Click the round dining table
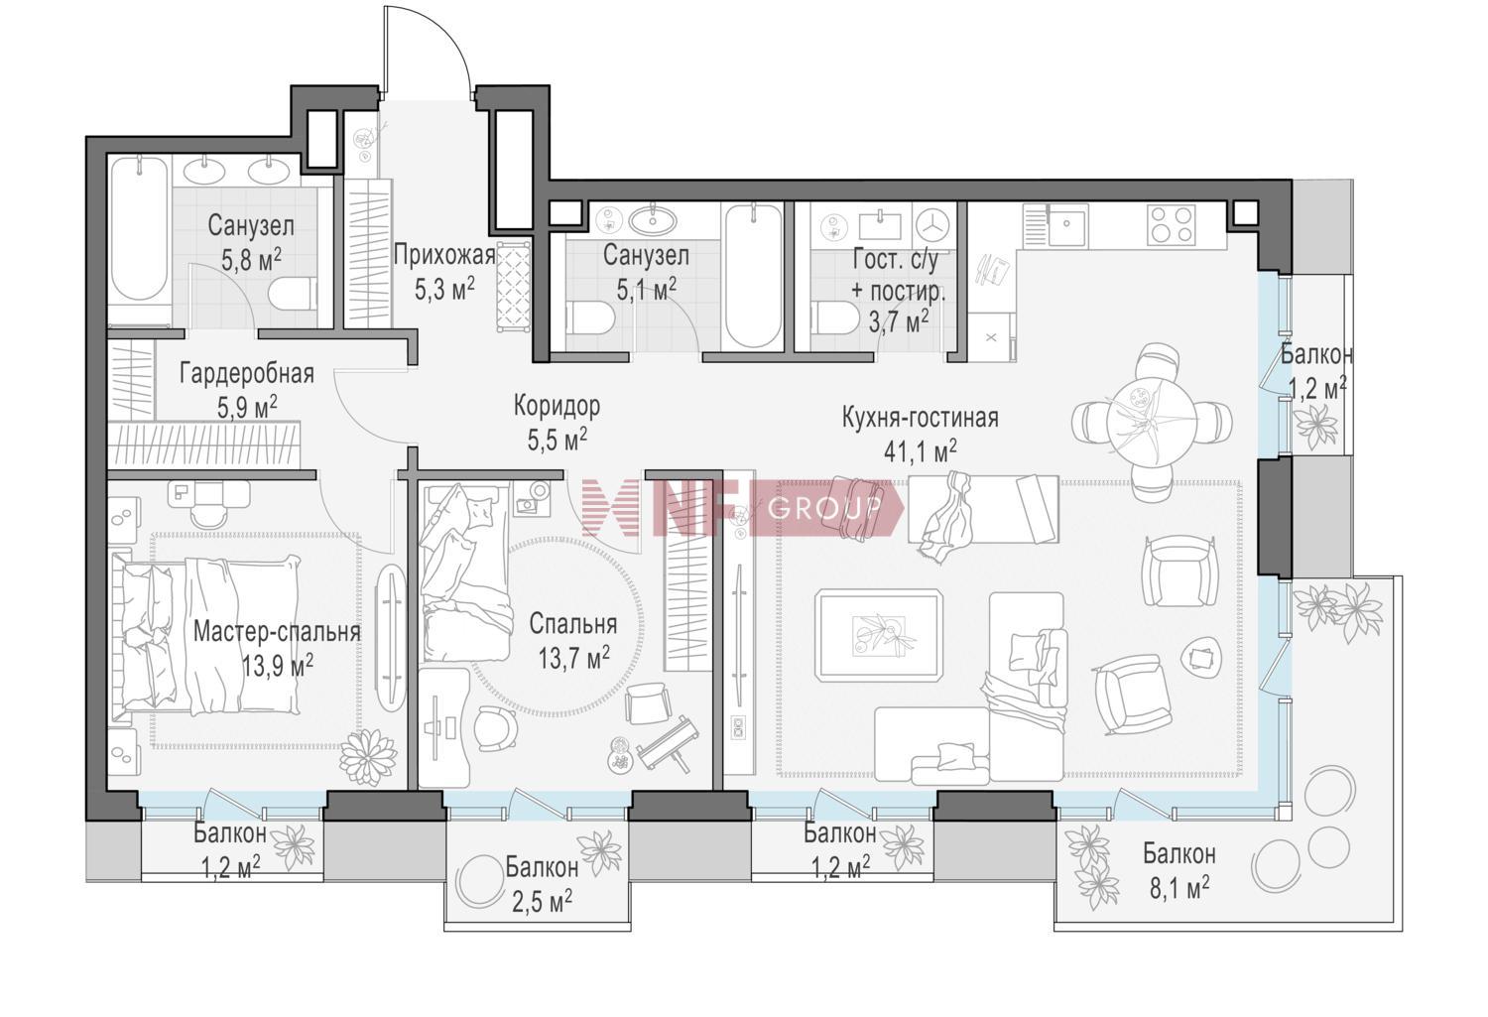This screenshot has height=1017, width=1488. pos(1151,422)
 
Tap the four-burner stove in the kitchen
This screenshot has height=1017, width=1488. pos(1173,224)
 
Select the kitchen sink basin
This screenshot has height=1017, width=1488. pos(1066,224)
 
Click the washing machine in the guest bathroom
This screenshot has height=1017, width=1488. pos(934,225)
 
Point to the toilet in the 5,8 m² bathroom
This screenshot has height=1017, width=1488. pos(293,295)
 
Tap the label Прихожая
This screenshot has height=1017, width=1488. pos(444,254)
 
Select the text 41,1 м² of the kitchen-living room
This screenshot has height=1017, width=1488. pos(920,451)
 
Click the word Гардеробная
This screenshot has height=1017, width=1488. pos(246,374)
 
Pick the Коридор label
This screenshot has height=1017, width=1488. pos(557,405)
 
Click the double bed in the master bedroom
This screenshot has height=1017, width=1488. pos(206,635)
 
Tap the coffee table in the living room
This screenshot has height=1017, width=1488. pos(879,635)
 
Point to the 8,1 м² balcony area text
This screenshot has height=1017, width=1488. pos(1179,888)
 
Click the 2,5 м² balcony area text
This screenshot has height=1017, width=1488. pos(542,902)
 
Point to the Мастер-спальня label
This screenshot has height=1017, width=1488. pos(277,632)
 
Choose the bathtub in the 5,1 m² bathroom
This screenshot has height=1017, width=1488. pos(755,276)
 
